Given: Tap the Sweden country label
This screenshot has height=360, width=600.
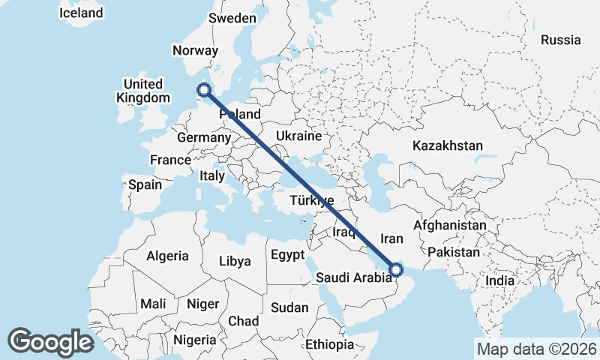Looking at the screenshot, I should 232,18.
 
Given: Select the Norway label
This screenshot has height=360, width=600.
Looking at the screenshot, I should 195,51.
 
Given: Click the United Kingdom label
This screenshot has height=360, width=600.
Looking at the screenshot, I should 142,91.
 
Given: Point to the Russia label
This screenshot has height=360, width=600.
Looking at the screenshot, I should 560,40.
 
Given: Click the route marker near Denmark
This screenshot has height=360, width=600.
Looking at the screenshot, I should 203,91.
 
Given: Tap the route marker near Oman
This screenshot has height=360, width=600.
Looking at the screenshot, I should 396,269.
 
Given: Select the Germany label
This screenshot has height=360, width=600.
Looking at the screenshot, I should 203,138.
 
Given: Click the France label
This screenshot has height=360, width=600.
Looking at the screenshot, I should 170,160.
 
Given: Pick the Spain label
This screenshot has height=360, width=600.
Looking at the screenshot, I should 145,184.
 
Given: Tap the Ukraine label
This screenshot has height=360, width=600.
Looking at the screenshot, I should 298,136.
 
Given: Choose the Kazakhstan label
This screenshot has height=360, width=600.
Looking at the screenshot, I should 448,145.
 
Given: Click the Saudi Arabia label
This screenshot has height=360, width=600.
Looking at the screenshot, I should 353,278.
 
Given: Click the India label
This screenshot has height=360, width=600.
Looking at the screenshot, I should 499,280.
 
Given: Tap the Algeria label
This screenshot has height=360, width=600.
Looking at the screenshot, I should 167,256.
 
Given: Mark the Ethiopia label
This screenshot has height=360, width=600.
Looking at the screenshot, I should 329,344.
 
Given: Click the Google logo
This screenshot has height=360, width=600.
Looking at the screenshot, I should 50,342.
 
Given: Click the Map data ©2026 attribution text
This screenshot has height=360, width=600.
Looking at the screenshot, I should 536,349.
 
